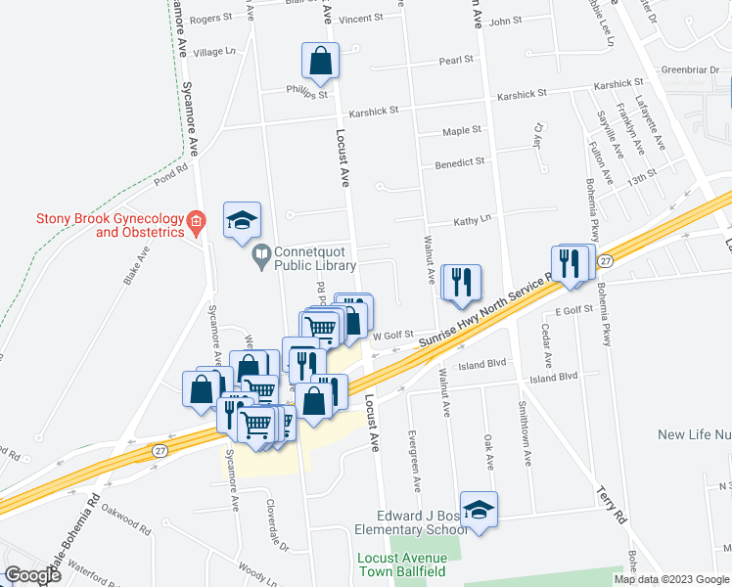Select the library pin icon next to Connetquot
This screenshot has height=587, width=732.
tap(261, 258)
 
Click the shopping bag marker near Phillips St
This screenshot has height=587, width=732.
tap(320, 63)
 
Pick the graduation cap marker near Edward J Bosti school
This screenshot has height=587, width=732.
tap(479, 510)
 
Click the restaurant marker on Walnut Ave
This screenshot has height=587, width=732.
tap(460, 282)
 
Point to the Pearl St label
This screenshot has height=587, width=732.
tap(456, 60)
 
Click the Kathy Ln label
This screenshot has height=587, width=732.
tap(472, 223)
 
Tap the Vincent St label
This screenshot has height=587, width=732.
tap(361, 19)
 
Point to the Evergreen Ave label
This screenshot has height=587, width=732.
tap(416, 469)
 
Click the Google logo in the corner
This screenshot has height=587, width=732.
tap(31, 576)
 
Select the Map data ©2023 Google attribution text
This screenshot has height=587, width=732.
tap(671, 579)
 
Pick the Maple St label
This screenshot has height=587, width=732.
tap(462, 130)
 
